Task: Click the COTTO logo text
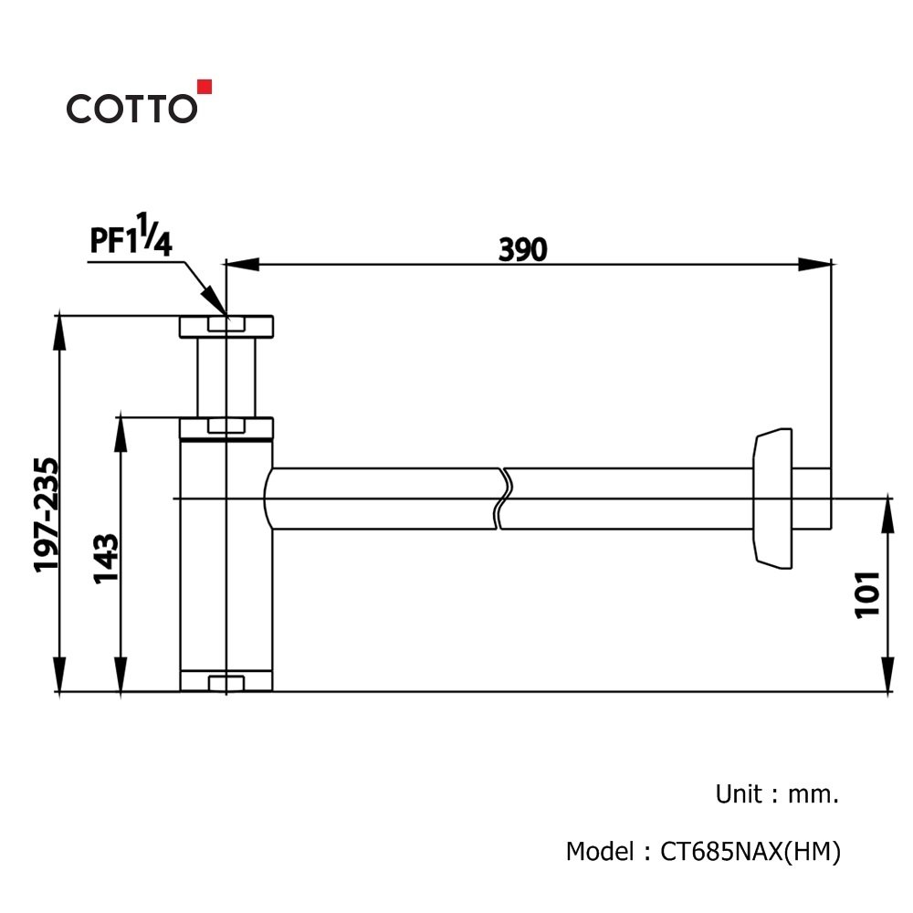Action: point(131,108)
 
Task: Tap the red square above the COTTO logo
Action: point(205,87)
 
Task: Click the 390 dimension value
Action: point(522,249)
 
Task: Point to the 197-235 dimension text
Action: point(46,515)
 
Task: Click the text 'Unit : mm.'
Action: point(776,793)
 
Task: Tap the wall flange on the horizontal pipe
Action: point(771,498)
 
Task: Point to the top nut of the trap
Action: point(226,326)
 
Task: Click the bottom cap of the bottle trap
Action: point(226,681)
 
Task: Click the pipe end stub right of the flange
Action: point(813,498)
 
